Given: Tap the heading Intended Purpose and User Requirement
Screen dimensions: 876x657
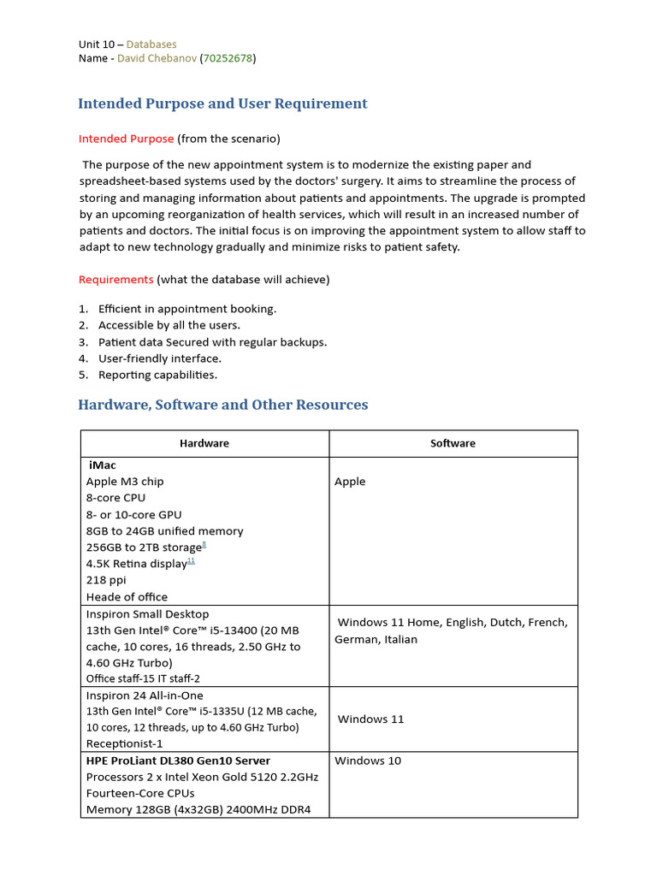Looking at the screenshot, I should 222,104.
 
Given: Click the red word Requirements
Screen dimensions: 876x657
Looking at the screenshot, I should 115,279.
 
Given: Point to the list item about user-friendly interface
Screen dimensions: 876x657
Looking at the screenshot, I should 160,358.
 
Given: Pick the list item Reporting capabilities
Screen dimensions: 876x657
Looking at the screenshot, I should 157,375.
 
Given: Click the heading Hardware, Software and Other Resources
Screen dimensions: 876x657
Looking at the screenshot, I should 222,405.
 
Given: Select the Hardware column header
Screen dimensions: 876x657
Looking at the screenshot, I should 204,443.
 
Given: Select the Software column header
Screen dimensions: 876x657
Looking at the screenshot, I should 453,443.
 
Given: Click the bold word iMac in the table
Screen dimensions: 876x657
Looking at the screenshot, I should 103,465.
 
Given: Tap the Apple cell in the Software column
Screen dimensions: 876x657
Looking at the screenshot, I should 350,482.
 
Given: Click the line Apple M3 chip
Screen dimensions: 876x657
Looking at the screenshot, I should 125,482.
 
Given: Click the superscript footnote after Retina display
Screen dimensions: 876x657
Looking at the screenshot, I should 191,560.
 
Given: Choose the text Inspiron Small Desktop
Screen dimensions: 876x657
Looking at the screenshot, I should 147,614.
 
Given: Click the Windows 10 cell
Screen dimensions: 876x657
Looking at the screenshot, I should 368,761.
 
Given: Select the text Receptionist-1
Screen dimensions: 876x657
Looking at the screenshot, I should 125,744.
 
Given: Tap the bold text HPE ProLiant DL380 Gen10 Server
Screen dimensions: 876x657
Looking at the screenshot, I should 178,761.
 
